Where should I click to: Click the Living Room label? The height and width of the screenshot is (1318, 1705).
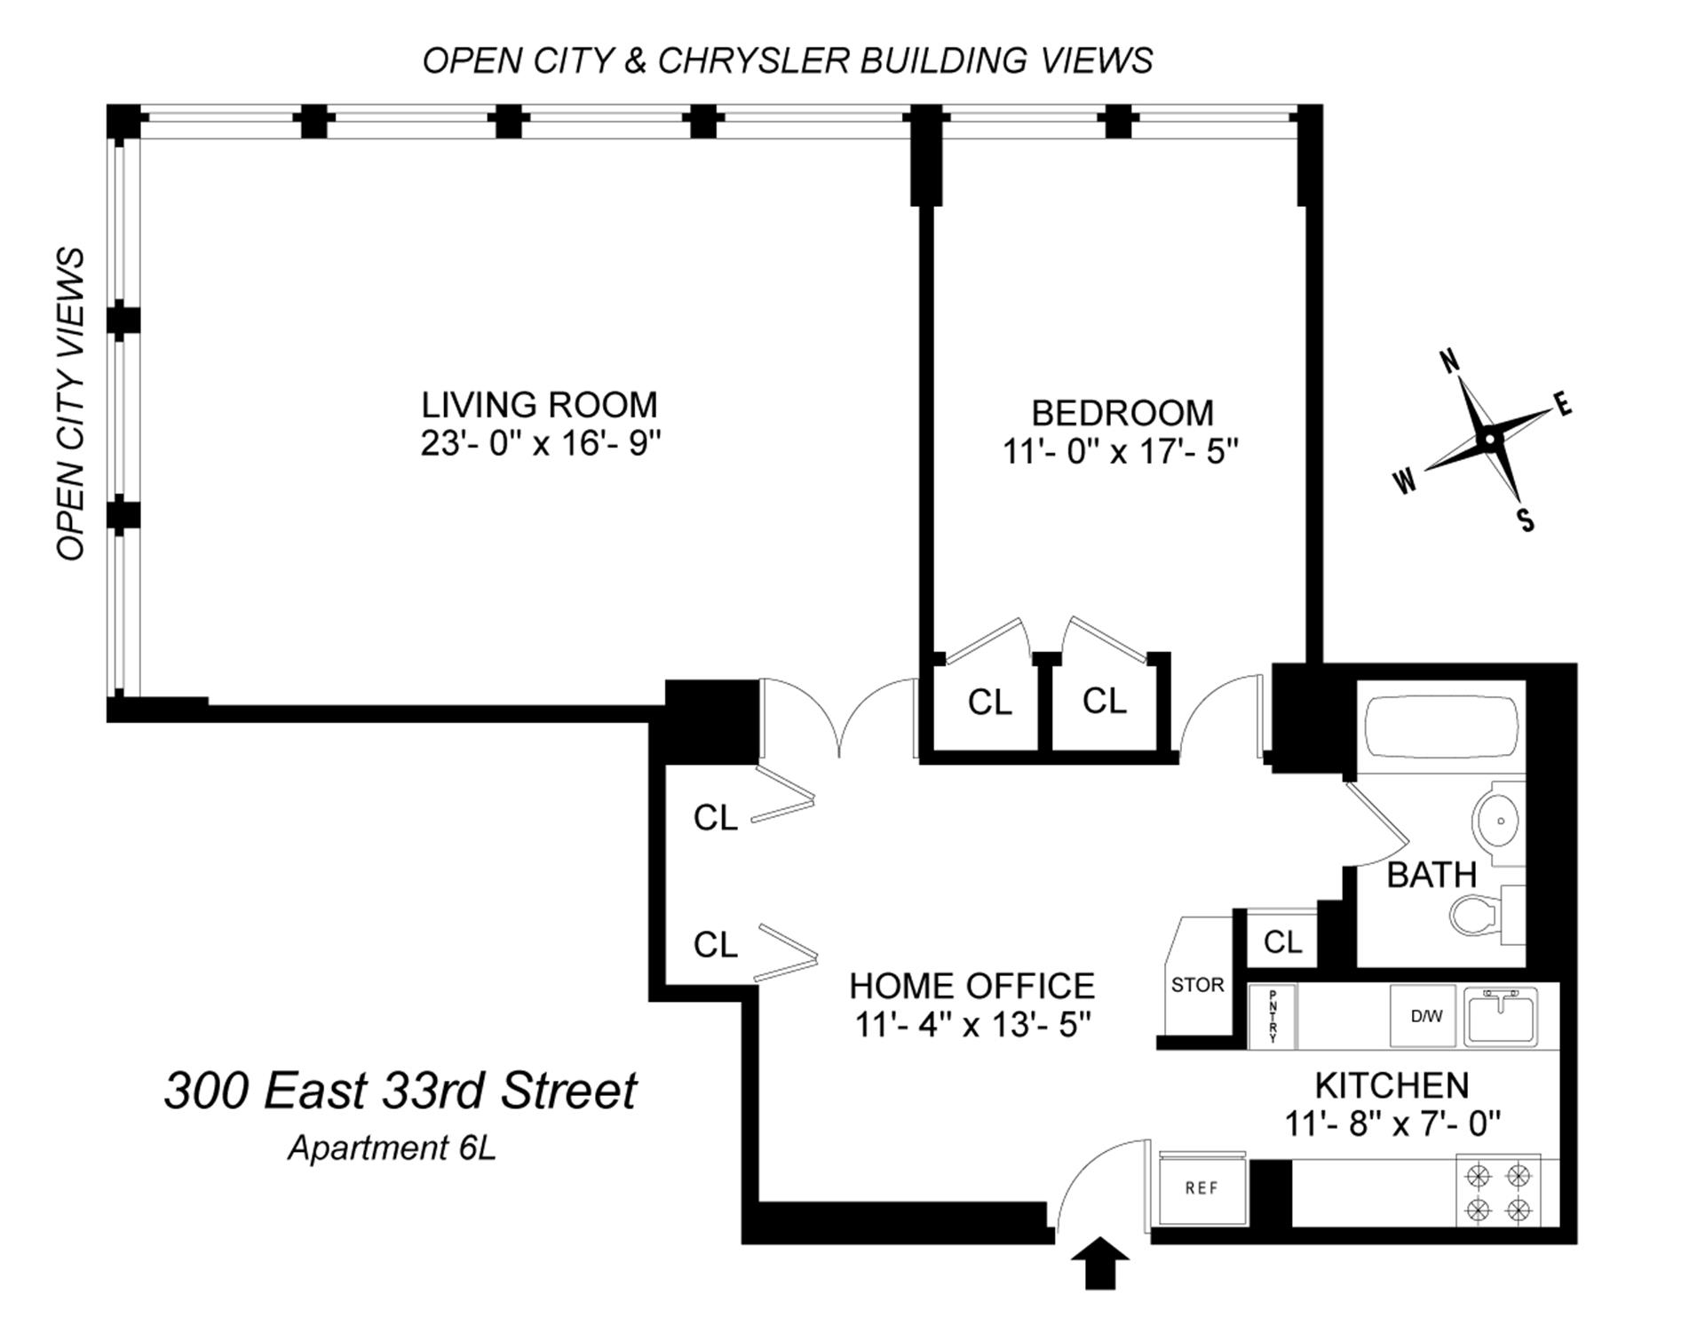(x=539, y=405)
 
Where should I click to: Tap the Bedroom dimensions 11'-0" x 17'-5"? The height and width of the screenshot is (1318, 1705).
(x=1121, y=452)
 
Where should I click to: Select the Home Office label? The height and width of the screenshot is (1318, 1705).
(x=971, y=986)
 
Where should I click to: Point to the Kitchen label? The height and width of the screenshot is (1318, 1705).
(x=1392, y=1085)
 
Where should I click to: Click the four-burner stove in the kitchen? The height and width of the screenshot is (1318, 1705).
(x=1498, y=1192)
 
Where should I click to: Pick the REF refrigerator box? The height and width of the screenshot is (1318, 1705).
(x=1201, y=1188)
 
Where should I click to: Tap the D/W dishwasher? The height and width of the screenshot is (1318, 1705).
(x=1426, y=1016)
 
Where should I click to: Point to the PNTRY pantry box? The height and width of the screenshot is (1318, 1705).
(x=1273, y=1016)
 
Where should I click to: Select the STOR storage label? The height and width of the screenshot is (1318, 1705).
(x=1197, y=985)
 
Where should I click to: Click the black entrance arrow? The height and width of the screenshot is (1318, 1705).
(x=1100, y=1261)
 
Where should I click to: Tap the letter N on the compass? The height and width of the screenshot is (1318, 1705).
(x=1449, y=361)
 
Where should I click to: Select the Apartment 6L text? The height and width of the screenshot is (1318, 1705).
(x=392, y=1148)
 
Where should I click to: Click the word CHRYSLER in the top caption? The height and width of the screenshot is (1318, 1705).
(x=753, y=60)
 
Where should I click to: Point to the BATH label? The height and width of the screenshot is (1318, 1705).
(x=1431, y=875)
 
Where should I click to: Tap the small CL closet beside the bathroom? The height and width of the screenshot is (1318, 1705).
(x=1282, y=941)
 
